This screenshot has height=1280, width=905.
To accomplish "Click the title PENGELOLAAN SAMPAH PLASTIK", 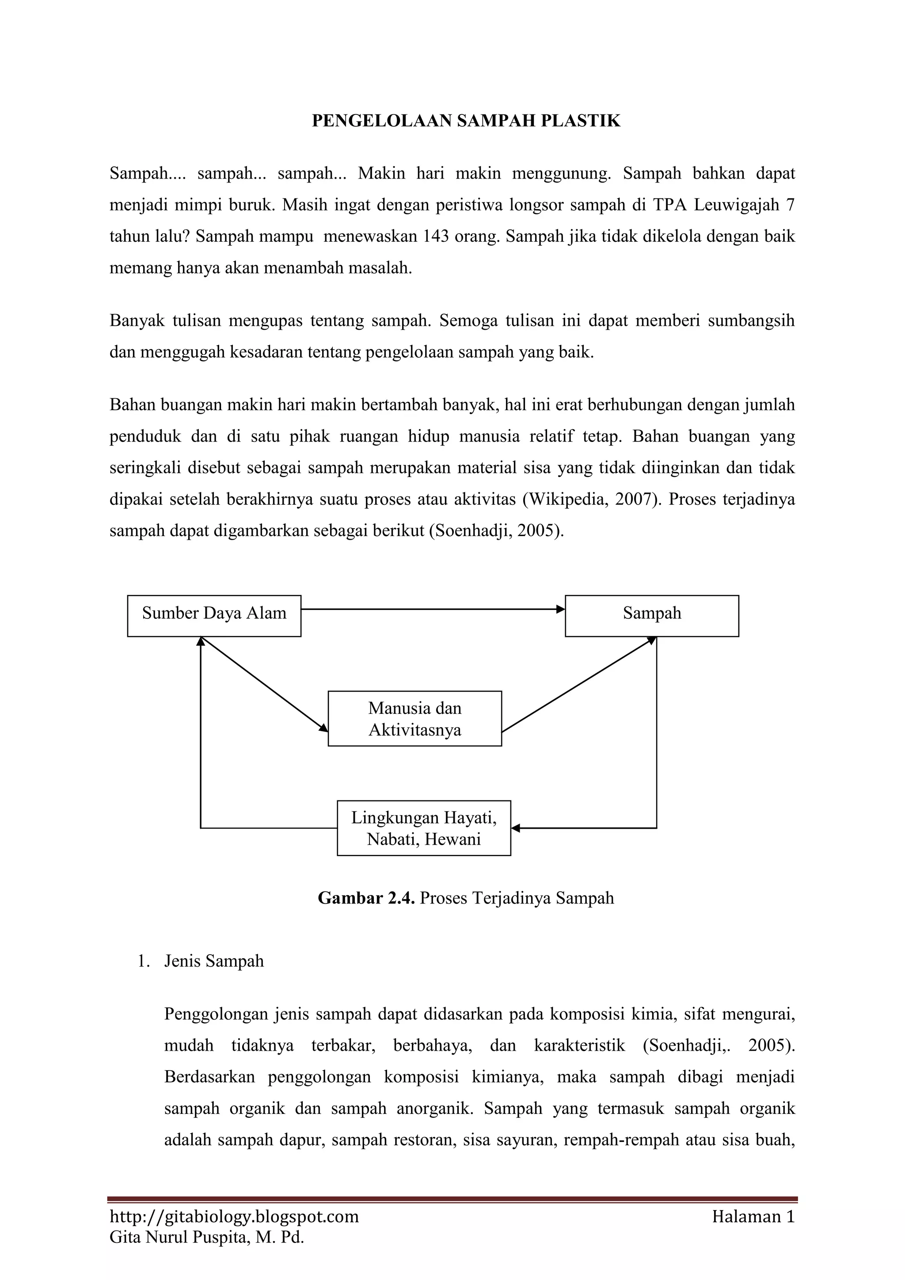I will tap(466, 121).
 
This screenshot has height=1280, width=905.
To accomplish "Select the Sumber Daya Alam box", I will tap(214, 616).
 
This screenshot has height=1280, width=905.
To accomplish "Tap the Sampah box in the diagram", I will tap(651, 616).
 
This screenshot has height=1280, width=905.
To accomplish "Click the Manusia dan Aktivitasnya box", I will tap(414, 719).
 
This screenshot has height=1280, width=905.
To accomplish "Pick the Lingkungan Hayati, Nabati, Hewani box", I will tap(423, 828).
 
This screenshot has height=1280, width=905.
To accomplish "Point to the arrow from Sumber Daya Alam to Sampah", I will tap(433, 610).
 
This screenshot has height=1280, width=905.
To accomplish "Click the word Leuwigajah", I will tap(736, 205).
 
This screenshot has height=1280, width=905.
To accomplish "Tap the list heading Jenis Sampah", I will tap(214, 961).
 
